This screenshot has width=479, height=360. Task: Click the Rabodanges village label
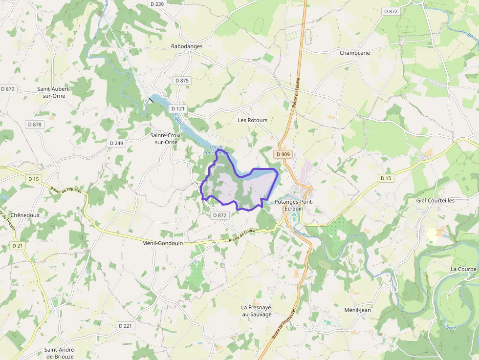(187, 46)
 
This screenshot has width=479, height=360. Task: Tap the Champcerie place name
(355, 53)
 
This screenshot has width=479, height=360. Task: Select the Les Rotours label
(253, 120)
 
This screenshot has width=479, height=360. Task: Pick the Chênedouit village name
(25, 215)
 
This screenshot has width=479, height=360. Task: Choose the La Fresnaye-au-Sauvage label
(257, 311)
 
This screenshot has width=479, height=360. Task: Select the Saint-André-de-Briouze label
(60, 353)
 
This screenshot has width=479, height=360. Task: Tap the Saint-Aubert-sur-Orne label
(54, 92)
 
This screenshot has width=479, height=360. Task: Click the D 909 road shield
(283, 154)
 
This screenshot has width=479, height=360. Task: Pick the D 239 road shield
(157, 4)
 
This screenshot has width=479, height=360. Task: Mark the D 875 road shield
(181, 81)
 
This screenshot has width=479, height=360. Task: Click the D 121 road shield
(178, 108)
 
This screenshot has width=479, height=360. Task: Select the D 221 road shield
(125, 325)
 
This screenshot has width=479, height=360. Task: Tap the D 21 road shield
(18, 246)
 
